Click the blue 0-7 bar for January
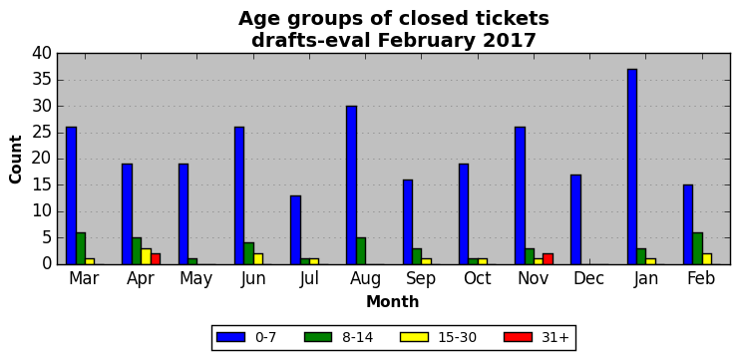(x=632, y=167)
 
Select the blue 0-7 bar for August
(x=351, y=185)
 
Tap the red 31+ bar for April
(x=156, y=259)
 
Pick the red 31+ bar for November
(x=549, y=259)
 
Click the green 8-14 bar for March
(x=81, y=248)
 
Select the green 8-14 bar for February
(x=697, y=248)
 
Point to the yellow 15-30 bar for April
(x=146, y=257)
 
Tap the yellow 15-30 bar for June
(x=258, y=259)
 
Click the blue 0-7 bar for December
(x=575, y=219)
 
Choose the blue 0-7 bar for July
(x=295, y=230)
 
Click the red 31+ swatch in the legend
(x=518, y=337)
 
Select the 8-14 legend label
(x=357, y=337)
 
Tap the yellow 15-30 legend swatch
(x=414, y=337)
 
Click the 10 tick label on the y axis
(x=43, y=212)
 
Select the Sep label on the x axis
(x=421, y=279)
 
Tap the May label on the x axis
(x=196, y=279)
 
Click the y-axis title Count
(x=16, y=160)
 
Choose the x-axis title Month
(x=393, y=301)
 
